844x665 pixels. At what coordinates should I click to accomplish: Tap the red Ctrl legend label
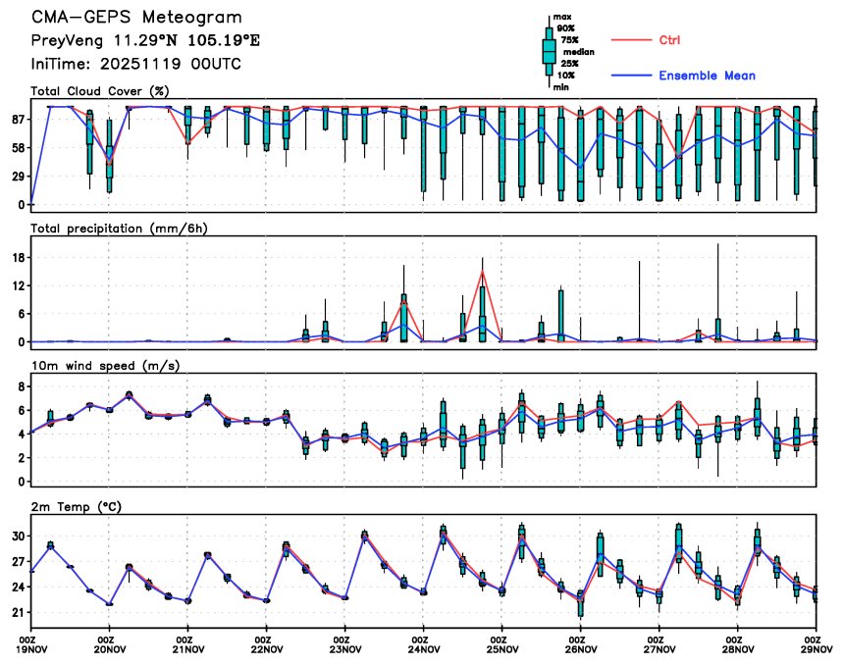pos(670,40)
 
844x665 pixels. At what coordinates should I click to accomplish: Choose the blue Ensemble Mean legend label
pos(707,76)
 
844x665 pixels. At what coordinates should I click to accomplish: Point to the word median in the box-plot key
pos(578,52)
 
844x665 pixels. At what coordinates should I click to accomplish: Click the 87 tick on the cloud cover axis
pos(18,120)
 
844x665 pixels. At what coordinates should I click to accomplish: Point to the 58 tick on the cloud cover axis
pos(18,148)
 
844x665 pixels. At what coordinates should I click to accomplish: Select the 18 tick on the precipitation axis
pos(18,257)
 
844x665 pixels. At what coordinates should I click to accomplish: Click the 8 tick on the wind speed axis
pos(21,387)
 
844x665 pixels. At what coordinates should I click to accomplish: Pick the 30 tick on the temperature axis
pos(18,537)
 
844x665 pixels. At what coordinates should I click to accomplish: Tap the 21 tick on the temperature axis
pos(18,613)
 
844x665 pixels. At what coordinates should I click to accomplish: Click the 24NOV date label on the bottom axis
pos(423,647)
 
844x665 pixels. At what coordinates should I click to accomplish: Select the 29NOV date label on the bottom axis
pos(817,647)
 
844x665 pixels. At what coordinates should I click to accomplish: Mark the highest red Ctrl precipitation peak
pos(482,272)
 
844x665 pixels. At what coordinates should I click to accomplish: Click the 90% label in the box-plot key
pos(566,28)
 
